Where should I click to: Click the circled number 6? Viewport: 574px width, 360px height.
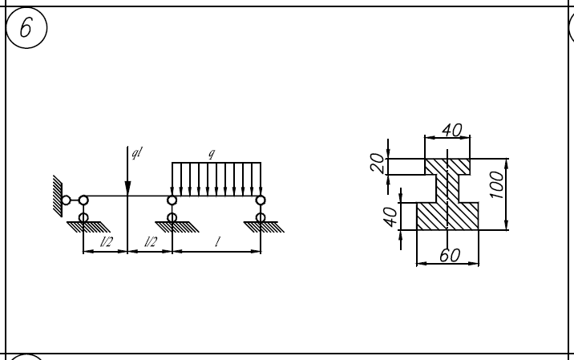[x=26, y=28]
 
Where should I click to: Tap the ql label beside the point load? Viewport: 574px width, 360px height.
[x=137, y=152]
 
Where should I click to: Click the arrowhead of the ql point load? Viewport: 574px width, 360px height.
[x=127, y=188]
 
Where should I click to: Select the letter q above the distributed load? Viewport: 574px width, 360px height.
[x=211, y=154]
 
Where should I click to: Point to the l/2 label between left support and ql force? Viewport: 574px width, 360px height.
[x=107, y=241]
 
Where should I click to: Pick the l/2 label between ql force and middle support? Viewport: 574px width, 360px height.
[x=151, y=241]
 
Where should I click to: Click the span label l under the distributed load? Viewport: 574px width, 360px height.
[x=218, y=241]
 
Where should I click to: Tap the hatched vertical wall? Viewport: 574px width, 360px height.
[x=58, y=196]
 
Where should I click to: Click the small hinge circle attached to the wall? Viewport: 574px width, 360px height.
[x=66, y=200]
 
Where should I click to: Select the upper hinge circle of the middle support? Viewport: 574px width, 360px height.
[x=172, y=200]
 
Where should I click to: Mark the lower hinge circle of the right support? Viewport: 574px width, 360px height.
[x=261, y=218]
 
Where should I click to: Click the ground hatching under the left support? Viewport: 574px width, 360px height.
[x=88, y=227]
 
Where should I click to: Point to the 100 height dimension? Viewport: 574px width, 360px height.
[x=497, y=184]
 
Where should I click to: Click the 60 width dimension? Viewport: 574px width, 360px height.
[x=450, y=255]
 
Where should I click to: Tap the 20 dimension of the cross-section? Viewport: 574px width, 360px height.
[x=377, y=164]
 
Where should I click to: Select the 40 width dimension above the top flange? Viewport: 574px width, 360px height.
[x=452, y=130]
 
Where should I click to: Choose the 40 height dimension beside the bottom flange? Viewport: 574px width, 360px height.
[x=390, y=216]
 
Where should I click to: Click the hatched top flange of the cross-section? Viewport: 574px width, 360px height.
[x=447, y=167]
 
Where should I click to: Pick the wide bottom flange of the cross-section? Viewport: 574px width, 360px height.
[x=447, y=216]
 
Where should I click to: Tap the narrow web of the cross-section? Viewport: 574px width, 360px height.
[x=447, y=188]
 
